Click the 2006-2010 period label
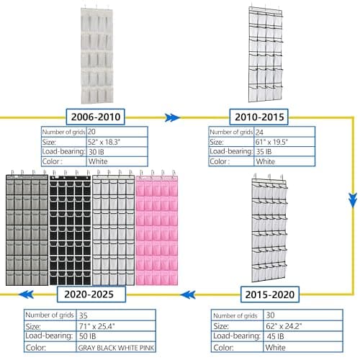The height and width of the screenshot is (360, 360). (x=96, y=117)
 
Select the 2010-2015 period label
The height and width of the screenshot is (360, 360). (x=259, y=117)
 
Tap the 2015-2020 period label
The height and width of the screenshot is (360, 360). (x=270, y=294)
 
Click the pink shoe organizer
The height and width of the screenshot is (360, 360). (x=157, y=228)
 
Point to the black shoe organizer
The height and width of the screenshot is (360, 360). (x=71, y=228)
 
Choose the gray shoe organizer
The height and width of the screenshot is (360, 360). (x=27, y=228)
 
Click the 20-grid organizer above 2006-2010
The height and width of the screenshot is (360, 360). (x=97, y=54)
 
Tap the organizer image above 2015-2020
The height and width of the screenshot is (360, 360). (x=269, y=228)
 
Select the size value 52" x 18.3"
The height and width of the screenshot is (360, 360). (x=104, y=142)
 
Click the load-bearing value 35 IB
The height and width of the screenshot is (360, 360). (x=264, y=152)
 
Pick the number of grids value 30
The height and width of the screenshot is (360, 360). (x=270, y=315)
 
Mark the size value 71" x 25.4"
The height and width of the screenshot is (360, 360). (x=96, y=326)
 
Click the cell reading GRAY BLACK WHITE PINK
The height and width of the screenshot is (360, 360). (x=116, y=348)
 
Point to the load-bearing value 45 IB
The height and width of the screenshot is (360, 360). (x=275, y=336)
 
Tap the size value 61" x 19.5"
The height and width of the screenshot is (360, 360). (x=271, y=142)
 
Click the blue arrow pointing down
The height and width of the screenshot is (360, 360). (x=353, y=199)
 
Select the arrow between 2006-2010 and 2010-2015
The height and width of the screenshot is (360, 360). (x=172, y=117)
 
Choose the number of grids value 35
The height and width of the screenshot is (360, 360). (x=83, y=315)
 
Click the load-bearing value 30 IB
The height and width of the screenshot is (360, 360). (x=96, y=152)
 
